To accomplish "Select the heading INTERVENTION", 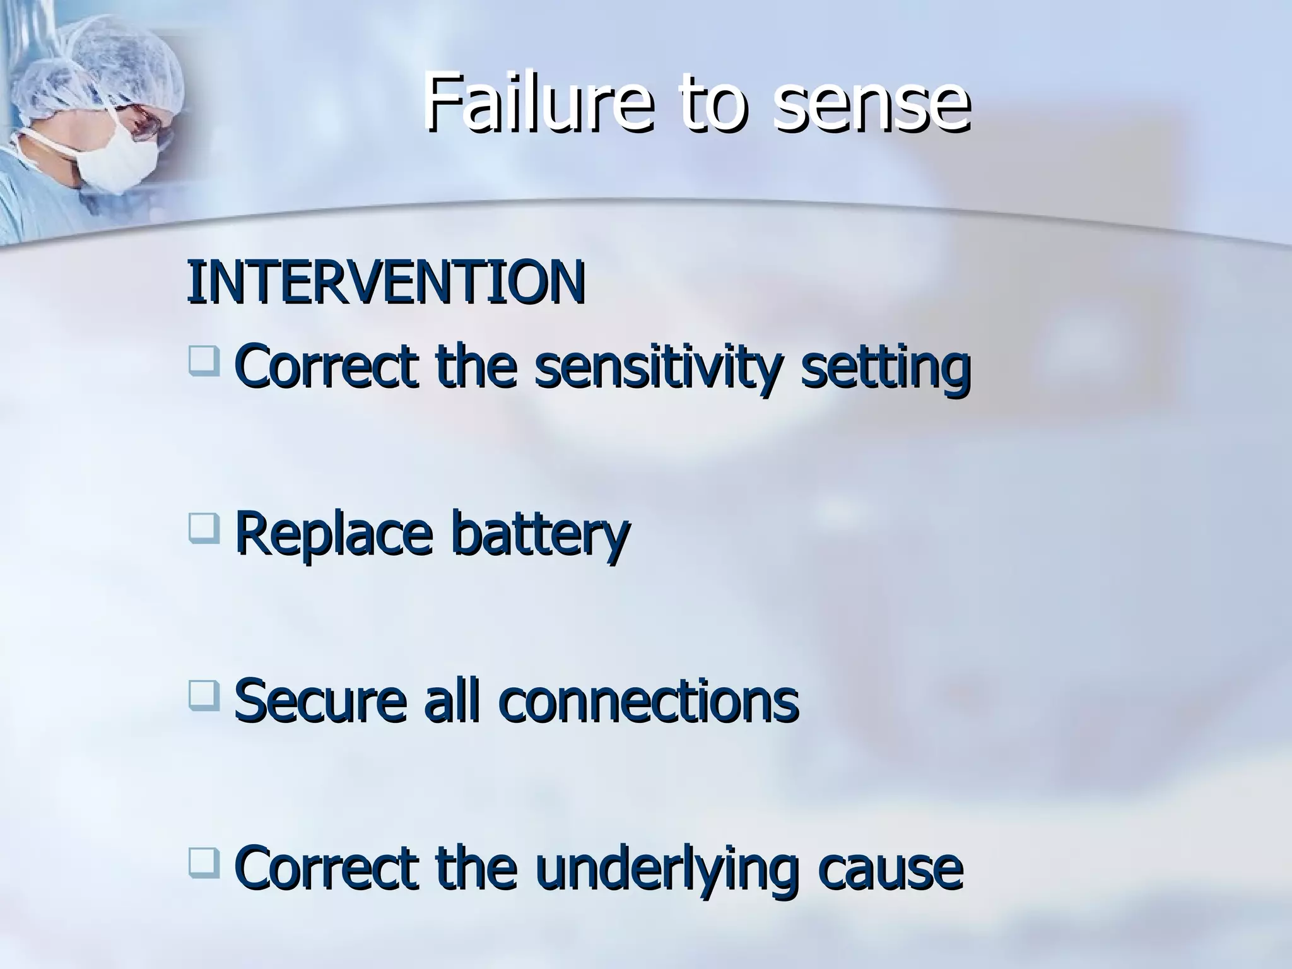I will pyautogui.click(x=385, y=282).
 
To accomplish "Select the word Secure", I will pyautogui.click(x=319, y=701).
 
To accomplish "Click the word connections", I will pyautogui.click(x=649, y=701).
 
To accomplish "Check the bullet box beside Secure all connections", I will pyautogui.click(x=203, y=695).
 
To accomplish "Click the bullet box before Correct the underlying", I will pyautogui.click(x=203, y=863).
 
